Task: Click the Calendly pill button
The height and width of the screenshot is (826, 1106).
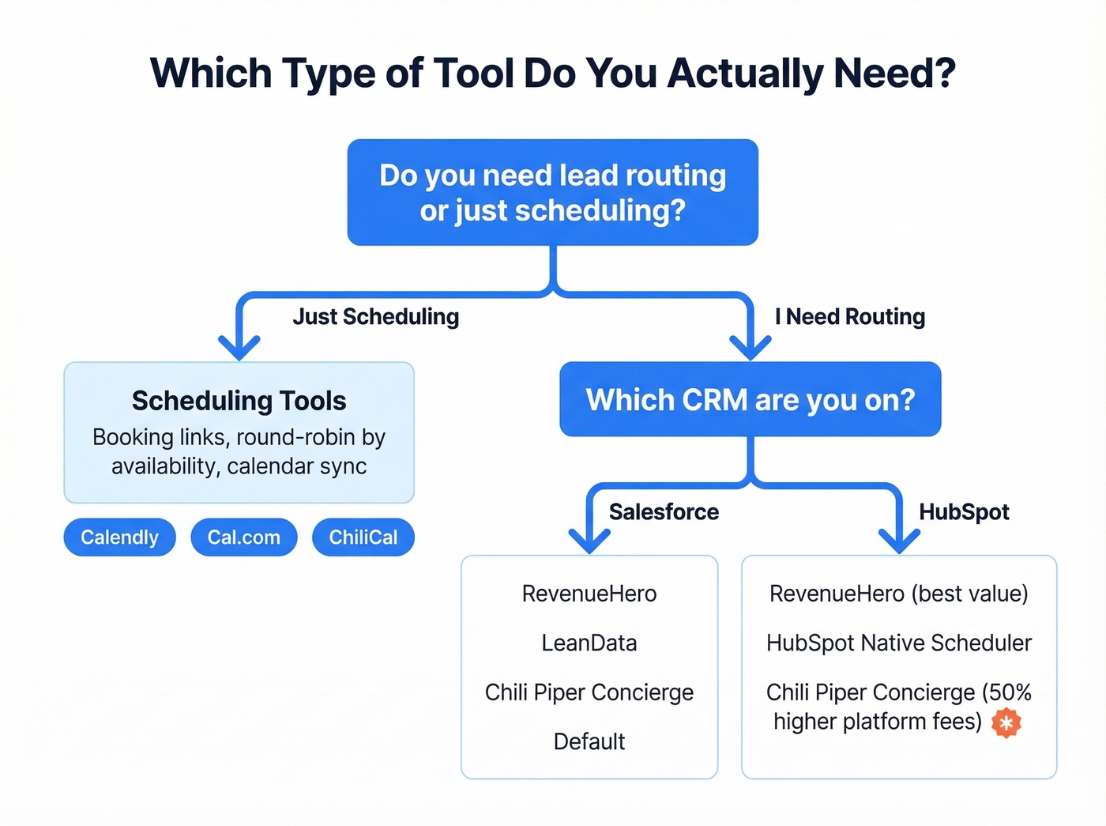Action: (x=119, y=537)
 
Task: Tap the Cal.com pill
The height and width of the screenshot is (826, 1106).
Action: (x=243, y=537)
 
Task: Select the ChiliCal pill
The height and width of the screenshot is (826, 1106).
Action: (x=363, y=537)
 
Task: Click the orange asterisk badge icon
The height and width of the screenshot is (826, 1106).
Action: (x=1006, y=722)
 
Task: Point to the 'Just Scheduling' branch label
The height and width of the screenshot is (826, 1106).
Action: (x=375, y=317)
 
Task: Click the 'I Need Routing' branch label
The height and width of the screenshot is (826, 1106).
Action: (x=849, y=317)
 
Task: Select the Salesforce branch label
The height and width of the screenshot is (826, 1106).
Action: (x=664, y=512)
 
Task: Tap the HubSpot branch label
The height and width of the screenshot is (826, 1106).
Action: (x=964, y=512)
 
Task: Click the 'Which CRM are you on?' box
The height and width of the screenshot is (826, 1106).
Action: (x=750, y=400)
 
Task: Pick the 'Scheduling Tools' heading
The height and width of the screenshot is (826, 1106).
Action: (x=239, y=401)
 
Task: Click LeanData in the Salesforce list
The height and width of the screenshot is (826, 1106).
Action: (x=589, y=643)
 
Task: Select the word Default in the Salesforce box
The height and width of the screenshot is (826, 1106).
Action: (x=589, y=741)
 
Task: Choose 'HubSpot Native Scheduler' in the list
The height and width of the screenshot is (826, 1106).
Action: (x=898, y=643)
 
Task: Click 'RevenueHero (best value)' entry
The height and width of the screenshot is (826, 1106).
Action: (x=898, y=594)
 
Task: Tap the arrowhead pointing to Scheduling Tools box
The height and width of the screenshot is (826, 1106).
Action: (x=239, y=348)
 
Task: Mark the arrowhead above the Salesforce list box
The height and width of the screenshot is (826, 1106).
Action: (x=589, y=541)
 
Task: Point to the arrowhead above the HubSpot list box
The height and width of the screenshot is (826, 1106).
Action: (x=899, y=541)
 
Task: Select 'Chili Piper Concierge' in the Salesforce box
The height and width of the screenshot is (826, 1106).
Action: (x=589, y=692)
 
